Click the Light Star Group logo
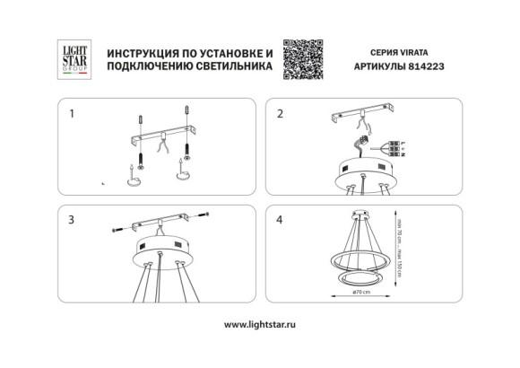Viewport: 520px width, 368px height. point(72,60)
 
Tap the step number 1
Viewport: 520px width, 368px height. point(72,115)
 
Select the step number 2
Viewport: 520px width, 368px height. point(281,115)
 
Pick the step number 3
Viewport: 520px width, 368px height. point(72,218)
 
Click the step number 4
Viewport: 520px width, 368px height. point(281,218)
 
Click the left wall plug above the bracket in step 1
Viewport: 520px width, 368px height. point(140,118)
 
